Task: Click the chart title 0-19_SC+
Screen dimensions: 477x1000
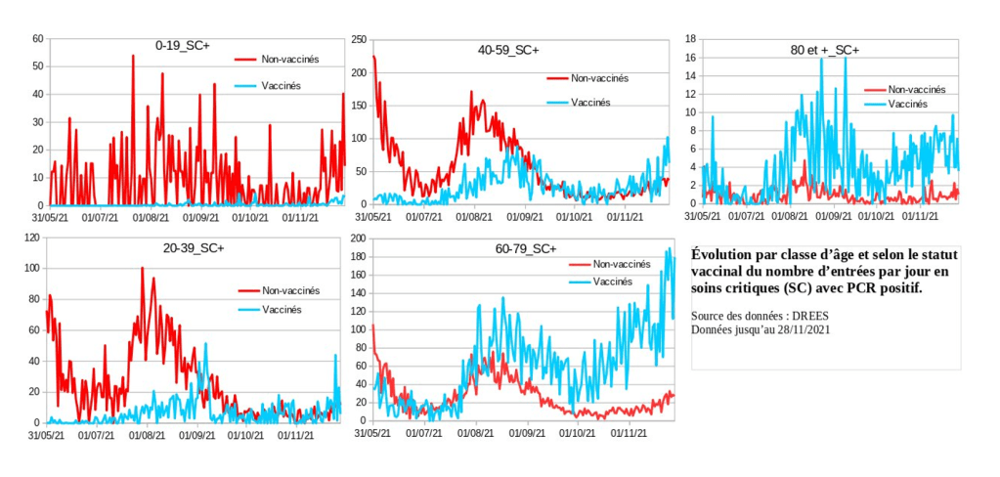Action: point(183,45)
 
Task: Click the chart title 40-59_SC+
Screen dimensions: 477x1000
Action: point(508,49)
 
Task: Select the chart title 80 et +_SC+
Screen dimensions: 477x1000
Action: point(824,49)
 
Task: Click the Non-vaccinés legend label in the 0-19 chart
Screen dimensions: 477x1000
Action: point(290,59)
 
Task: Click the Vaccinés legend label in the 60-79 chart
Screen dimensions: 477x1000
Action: point(612,282)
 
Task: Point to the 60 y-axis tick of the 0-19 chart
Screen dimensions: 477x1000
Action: point(39,39)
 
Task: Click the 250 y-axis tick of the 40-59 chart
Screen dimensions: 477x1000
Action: point(360,39)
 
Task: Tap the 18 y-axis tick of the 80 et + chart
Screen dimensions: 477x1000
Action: point(689,39)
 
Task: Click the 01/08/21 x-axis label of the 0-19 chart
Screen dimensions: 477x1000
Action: point(150,218)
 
